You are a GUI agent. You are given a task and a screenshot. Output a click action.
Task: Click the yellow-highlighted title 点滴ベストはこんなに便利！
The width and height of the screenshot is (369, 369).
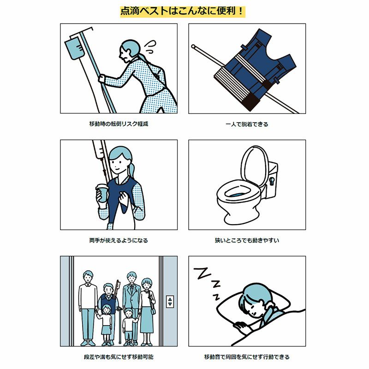[x=183, y=11]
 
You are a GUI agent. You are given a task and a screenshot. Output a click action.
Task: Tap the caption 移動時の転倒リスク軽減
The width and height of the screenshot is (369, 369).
[x=119, y=124]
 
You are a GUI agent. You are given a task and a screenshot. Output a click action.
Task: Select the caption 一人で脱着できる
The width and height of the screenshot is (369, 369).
[x=247, y=124]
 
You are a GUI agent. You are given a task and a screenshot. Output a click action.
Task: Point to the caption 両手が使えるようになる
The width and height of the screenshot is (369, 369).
[x=119, y=240]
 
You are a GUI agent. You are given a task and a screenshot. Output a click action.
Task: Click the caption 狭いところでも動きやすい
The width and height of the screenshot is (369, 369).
[x=247, y=240]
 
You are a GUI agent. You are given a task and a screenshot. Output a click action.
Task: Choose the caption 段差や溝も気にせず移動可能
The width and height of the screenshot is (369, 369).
[x=119, y=357]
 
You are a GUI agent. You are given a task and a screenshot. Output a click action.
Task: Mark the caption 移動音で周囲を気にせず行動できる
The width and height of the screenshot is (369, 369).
[x=247, y=357]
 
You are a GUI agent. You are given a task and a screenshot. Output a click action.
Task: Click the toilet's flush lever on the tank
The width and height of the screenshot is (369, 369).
[x=272, y=181]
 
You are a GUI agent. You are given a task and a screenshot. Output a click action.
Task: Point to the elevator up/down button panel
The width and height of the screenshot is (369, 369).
[x=170, y=302]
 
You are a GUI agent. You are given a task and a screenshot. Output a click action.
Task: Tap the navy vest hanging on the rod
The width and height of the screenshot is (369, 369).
[x=256, y=70]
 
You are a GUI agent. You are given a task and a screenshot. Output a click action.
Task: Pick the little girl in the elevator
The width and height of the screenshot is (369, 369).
[x=106, y=325]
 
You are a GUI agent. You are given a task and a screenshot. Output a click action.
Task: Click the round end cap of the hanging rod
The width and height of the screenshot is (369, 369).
[x=193, y=46]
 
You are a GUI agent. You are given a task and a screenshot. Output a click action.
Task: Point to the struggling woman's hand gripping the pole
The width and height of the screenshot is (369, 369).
[x=101, y=79]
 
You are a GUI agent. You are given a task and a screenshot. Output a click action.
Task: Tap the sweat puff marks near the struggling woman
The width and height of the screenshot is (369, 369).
[x=149, y=47]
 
